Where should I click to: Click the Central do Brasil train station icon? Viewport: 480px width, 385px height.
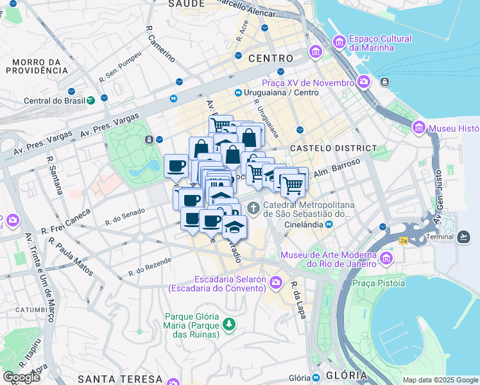(x=92, y=100)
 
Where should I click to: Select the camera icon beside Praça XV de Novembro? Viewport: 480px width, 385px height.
(x=364, y=82)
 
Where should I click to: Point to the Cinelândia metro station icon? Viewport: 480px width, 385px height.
(x=329, y=225)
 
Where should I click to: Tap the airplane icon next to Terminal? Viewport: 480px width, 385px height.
(x=465, y=237)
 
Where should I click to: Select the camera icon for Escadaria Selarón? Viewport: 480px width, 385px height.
(x=276, y=282)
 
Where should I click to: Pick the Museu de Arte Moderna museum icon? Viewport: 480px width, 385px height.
(x=386, y=258)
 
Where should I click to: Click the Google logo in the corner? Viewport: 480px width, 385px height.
(x=21, y=377)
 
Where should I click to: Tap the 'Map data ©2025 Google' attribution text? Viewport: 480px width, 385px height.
(x=440, y=380)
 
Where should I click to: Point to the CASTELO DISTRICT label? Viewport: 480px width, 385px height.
(x=333, y=148)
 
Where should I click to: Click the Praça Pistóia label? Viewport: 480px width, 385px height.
(x=378, y=283)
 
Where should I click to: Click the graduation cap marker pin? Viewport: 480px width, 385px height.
(x=235, y=227)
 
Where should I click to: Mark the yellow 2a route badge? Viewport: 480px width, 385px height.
(x=403, y=241)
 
